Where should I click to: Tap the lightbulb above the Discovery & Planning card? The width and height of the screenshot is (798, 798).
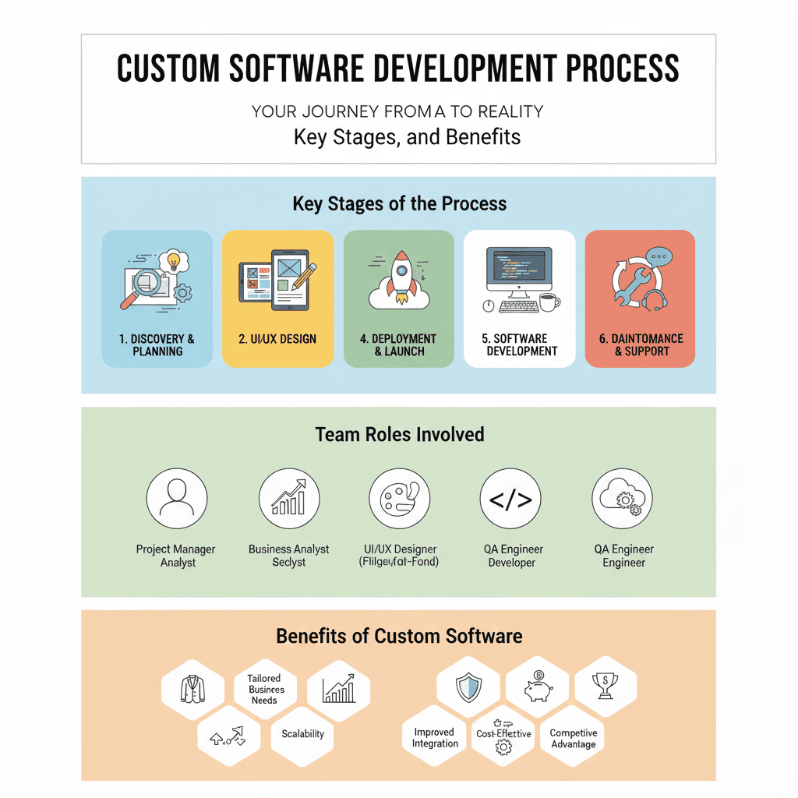[x=173, y=260]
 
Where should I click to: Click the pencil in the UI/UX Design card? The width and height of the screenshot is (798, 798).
[x=305, y=276]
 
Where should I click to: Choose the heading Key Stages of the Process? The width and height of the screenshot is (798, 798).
[x=399, y=204]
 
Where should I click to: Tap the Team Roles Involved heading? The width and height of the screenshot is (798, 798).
[x=399, y=434]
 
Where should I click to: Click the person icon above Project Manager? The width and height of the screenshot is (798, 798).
[x=177, y=498]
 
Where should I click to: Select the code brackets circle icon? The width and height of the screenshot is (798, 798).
[x=510, y=499]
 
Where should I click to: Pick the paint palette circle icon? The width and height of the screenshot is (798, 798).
[x=399, y=499]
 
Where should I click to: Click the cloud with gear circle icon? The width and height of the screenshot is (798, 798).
[x=622, y=499]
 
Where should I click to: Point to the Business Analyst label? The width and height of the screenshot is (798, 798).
[x=288, y=549]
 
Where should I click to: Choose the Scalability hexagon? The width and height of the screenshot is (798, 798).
[x=302, y=733]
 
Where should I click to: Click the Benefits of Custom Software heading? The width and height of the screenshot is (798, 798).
[x=399, y=636]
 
